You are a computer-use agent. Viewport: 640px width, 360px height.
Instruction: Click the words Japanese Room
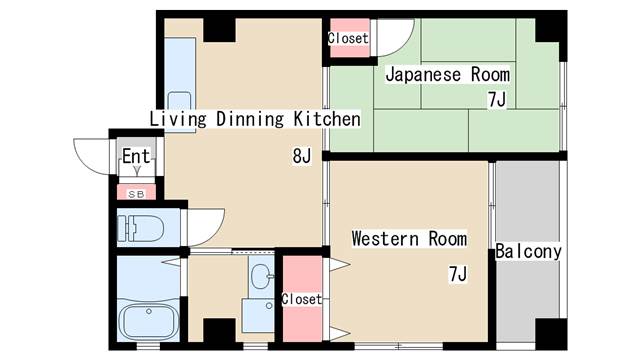click(x=447, y=74)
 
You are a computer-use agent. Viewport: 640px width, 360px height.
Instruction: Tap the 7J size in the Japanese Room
click(x=496, y=99)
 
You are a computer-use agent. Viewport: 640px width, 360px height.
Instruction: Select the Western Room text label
click(x=408, y=239)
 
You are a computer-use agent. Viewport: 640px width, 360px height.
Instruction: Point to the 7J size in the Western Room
click(x=457, y=273)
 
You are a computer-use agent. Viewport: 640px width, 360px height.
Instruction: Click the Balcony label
click(x=528, y=252)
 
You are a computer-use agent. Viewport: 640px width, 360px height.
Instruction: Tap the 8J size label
click(x=303, y=156)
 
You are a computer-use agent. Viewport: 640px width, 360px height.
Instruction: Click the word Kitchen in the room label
click(x=325, y=120)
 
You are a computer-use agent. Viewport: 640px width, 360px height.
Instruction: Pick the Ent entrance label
click(x=135, y=157)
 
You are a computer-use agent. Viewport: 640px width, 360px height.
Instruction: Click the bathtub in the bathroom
click(x=148, y=322)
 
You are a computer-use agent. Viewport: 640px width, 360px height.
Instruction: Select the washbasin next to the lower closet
click(x=260, y=277)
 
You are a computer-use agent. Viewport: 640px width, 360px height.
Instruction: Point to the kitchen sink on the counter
click(x=179, y=102)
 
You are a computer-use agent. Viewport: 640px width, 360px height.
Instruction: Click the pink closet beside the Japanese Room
click(x=349, y=38)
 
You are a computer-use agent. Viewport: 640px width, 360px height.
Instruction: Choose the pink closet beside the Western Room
click(x=301, y=298)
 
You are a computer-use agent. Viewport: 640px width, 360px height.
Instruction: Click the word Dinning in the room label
click(x=237, y=120)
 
